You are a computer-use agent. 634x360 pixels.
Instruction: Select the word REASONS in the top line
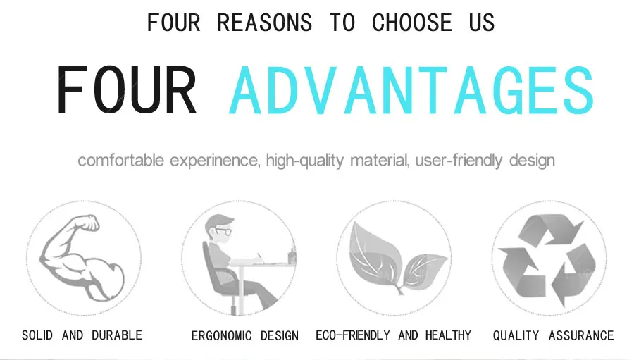[x=264, y=23]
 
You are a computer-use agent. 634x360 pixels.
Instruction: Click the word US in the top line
[x=482, y=23]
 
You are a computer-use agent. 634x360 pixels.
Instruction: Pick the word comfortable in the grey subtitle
[x=122, y=161]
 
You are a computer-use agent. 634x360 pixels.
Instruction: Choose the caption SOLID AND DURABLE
[x=82, y=335]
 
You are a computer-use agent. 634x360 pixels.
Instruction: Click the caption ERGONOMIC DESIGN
[x=244, y=336]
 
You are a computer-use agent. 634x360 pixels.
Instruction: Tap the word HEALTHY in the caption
[x=448, y=335]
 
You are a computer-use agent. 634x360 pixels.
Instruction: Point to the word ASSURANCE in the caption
[x=580, y=336]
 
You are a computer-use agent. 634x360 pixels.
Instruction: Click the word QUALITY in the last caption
[x=516, y=336]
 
